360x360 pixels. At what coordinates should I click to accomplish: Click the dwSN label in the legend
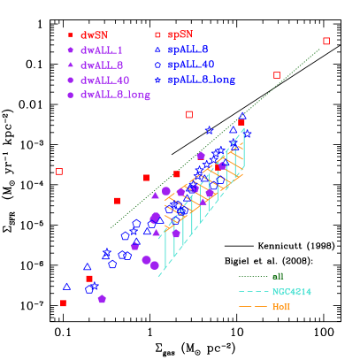(x=94, y=35)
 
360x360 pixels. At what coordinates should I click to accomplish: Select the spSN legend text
(x=180, y=34)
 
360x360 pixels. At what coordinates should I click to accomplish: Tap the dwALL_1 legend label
(x=102, y=50)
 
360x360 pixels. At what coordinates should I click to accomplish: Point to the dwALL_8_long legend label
(x=115, y=94)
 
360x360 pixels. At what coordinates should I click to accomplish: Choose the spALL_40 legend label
(x=190, y=65)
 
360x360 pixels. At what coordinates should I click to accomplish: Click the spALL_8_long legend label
(x=201, y=80)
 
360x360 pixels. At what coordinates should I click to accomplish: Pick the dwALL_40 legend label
(x=104, y=80)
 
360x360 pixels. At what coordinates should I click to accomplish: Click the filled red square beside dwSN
(x=70, y=35)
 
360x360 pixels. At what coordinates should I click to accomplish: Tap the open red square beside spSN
(x=157, y=34)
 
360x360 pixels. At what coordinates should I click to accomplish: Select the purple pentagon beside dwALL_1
(x=70, y=50)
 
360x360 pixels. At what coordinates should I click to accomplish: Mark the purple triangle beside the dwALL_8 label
(x=70, y=65)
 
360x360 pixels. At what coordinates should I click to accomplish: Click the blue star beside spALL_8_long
(x=157, y=80)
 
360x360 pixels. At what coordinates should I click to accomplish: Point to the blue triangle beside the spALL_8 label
(x=157, y=50)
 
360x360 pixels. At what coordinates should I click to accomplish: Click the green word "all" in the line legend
(x=278, y=276)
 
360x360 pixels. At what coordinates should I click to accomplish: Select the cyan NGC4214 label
(x=291, y=291)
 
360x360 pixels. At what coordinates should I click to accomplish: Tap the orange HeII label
(x=280, y=307)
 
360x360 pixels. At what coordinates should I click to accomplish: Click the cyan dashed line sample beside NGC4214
(x=252, y=292)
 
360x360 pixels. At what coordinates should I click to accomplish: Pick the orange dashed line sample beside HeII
(x=252, y=307)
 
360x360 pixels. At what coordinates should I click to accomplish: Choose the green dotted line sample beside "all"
(x=252, y=277)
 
